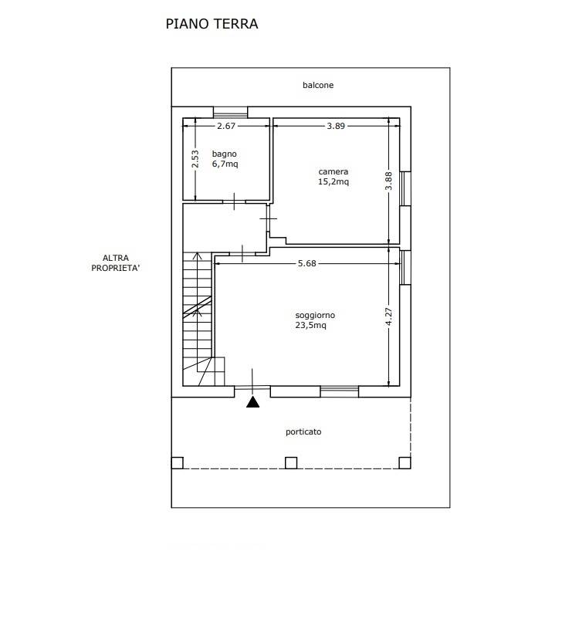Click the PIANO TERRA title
212,24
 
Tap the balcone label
318,85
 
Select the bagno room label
225,154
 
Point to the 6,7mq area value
225,164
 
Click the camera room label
334,171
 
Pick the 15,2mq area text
334,181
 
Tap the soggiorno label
315,316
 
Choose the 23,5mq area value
311,325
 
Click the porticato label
303,432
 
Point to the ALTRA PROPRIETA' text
116,263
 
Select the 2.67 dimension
226,126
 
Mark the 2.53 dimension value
195,159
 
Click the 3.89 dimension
336,126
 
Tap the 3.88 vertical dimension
388,181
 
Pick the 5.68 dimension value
307,263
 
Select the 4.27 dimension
388,316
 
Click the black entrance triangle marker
252,403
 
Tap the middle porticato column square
291,462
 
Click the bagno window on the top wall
230,113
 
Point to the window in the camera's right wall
405,188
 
